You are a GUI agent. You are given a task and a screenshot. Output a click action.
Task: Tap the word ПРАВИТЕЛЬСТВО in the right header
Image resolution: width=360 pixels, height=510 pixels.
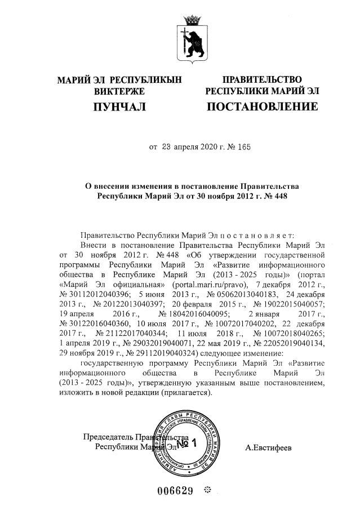(262, 79)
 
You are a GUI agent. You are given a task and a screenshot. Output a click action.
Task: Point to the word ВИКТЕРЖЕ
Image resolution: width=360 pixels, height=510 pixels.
(119, 91)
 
